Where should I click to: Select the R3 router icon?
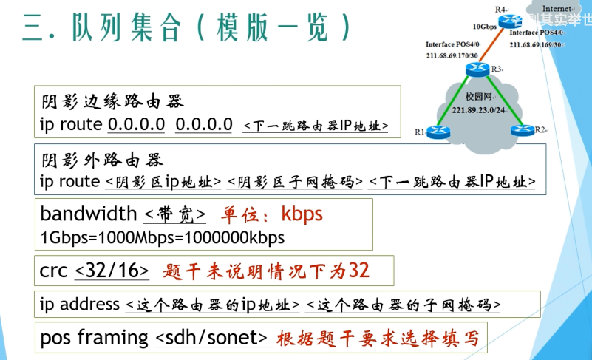click(x=477, y=69)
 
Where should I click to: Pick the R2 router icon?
click(x=522, y=131)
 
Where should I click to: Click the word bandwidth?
click(x=89, y=214)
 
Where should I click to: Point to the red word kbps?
click(x=302, y=214)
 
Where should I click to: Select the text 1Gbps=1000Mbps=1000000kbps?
click(x=162, y=239)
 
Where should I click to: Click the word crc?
click(x=54, y=271)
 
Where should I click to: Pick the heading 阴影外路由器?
click(x=101, y=159)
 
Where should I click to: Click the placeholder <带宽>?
click(x=174, y=215)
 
